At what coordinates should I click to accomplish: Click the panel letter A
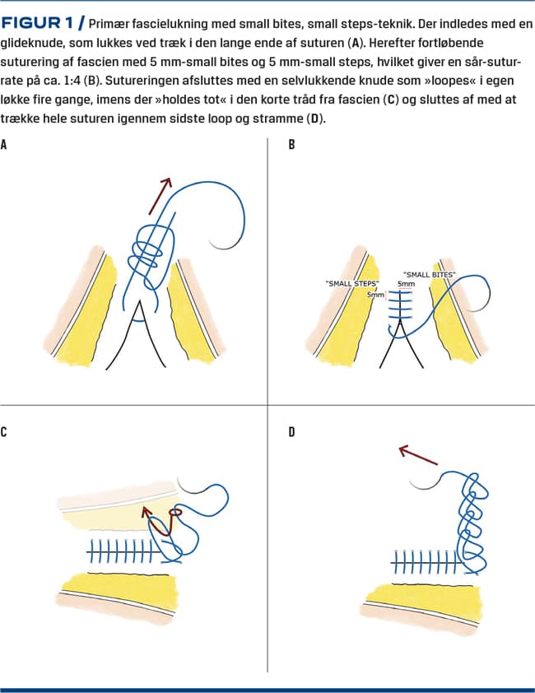pos(5,145)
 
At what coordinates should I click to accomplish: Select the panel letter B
pos(292,145)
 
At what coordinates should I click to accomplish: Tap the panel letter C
pos(5,431)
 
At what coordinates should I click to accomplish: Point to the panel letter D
pos(292,431)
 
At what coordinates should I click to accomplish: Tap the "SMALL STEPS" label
pos(351,283)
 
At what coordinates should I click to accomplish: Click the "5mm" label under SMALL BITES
pos(405,284)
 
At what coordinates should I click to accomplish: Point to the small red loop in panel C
pos(174,514)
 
